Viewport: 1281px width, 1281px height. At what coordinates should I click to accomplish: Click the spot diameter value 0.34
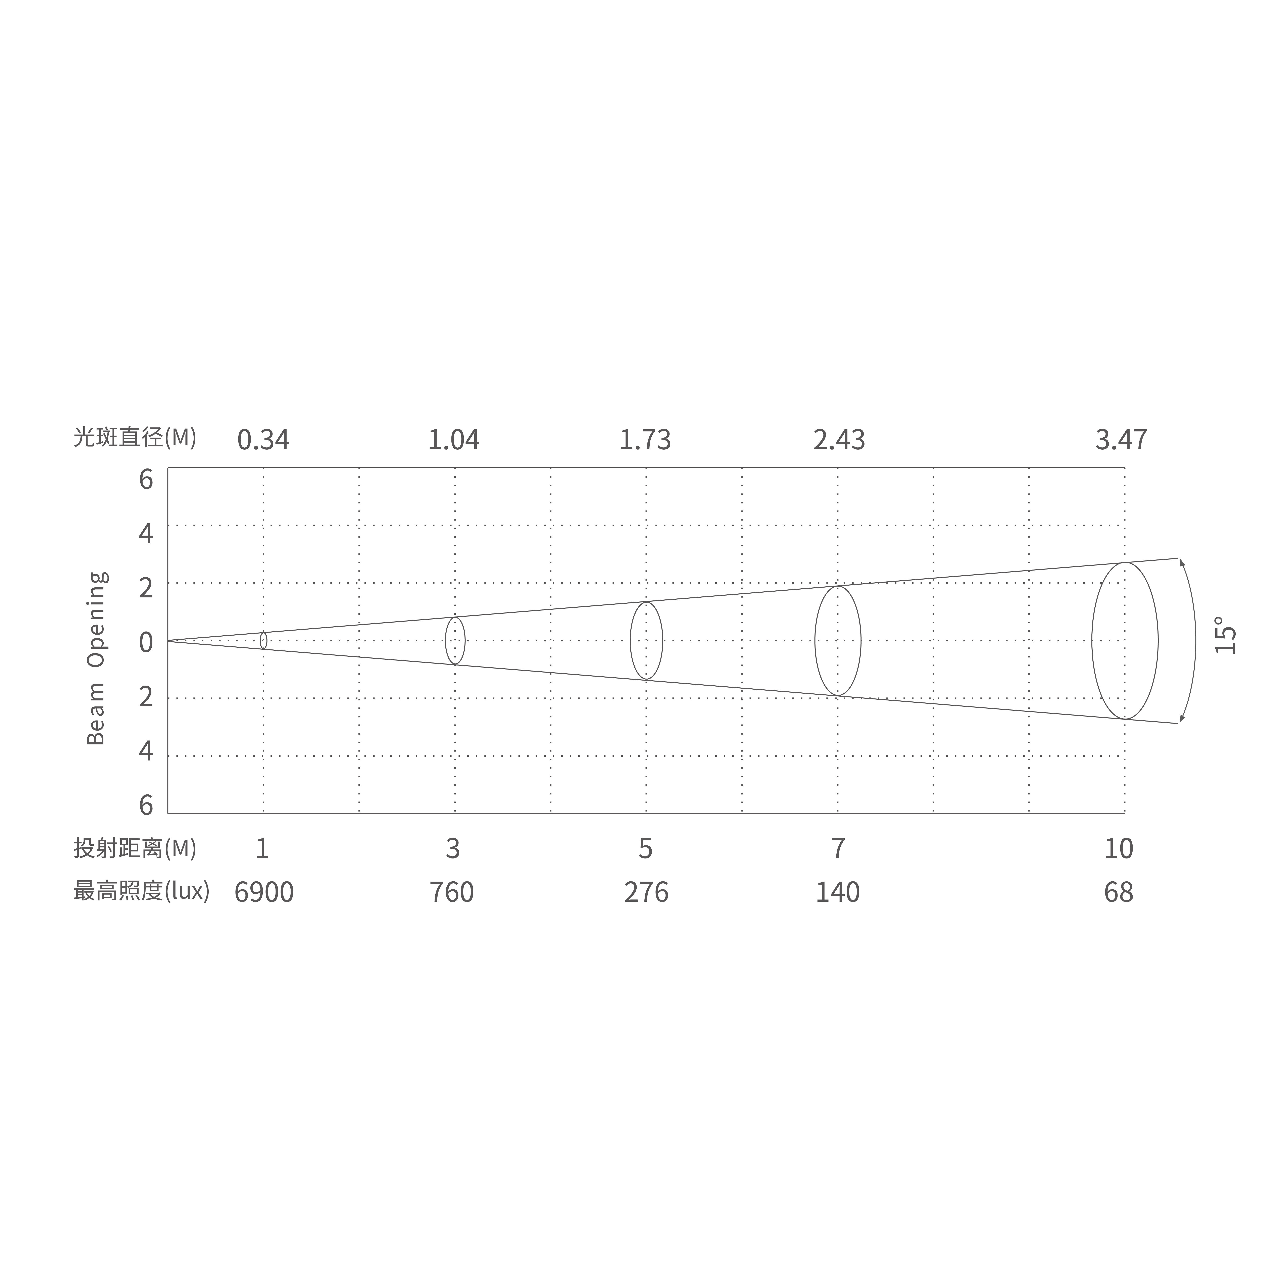[263, 440]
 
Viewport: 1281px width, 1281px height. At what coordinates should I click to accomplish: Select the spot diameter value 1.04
[453, 440]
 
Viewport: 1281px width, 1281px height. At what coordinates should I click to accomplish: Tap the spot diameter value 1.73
[645, 440]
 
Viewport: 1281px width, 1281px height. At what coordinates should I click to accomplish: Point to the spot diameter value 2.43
[839, 440]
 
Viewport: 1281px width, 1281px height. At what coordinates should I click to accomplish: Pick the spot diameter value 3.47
[1121, 440]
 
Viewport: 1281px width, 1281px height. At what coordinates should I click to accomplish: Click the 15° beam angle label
[1225, 635]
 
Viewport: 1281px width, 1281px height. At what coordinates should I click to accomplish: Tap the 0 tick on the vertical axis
[146, 642]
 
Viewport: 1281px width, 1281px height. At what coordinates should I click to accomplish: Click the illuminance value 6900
[264, 892]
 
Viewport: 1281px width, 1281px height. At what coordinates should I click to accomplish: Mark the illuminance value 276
[646, 892]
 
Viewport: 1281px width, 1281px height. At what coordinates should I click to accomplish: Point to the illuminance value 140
[837, 892]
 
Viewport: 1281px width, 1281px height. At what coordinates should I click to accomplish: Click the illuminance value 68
[1119, 892]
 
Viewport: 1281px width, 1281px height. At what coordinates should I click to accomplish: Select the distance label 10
[1119, 849]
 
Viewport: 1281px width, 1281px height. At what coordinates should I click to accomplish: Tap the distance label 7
[838, 849]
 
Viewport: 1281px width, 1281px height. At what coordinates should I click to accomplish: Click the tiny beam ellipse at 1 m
[263, 641]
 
